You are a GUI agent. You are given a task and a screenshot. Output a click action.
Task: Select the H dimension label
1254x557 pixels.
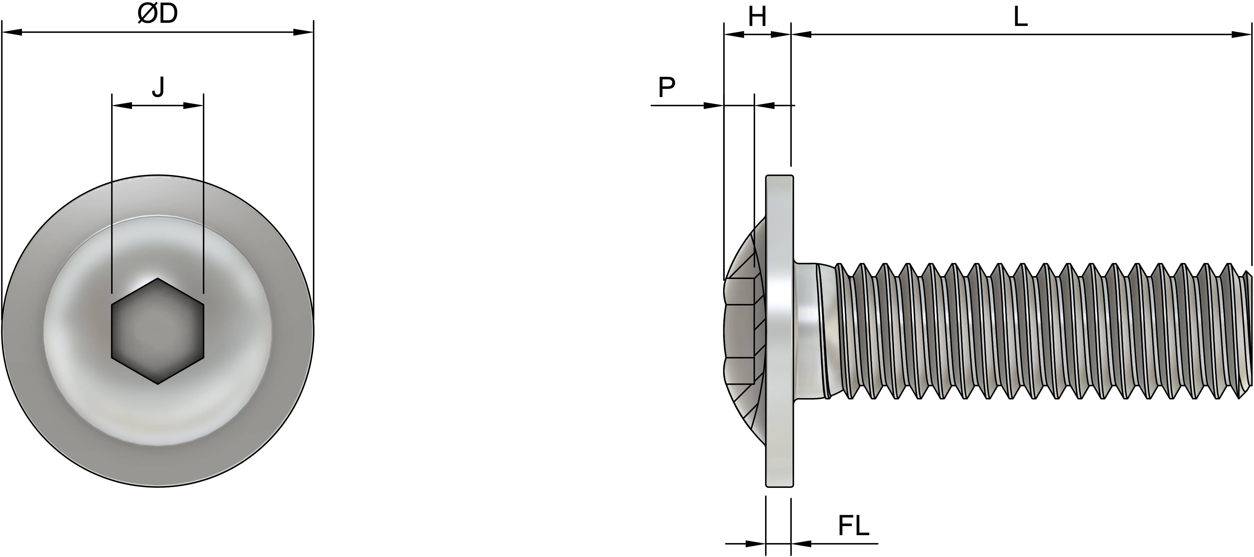[757, 17]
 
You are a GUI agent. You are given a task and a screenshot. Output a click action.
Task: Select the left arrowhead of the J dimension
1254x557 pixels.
[122, 105]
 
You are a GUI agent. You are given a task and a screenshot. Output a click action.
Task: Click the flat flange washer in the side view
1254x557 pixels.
[779, 331]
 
